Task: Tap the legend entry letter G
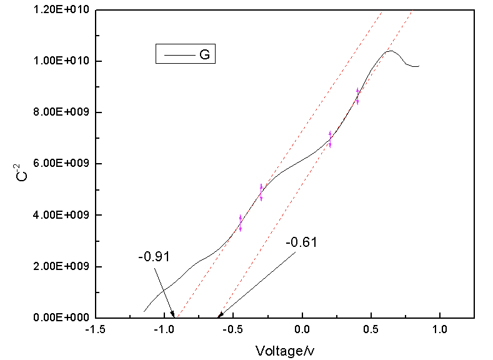[x=204, y=55]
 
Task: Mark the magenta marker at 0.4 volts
[x=357, y=96]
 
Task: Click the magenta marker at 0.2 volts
[x=330, y=139]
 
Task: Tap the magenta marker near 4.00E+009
[x=240, y=223]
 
